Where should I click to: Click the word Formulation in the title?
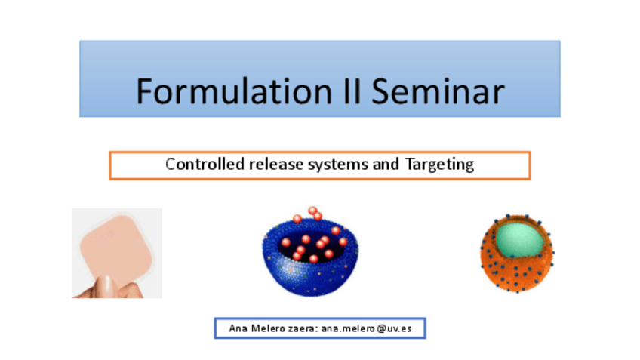(x=234, y=91)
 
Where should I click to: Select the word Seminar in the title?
(x=438, y=91)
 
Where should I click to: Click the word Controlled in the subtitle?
(x=205, y=164)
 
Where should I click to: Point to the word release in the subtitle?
(x=276, y=164)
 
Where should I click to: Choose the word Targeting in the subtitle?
(x=439, y=165)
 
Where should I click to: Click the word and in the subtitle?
(x=386, y=164)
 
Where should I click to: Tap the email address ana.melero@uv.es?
(x=367, y=328)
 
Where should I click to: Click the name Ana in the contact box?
(x=238, y=328)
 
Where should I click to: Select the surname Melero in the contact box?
(x=268, y=328)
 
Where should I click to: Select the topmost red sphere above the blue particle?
(x=313, y=211)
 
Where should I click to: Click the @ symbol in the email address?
(x=381, y=328)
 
